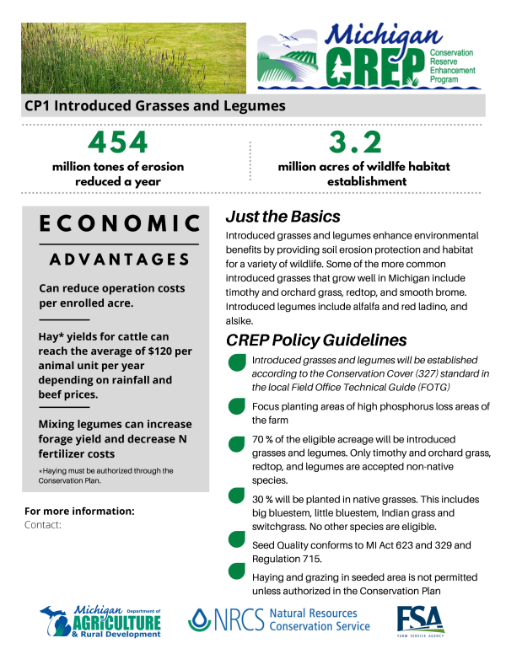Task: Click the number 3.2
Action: (354, 141)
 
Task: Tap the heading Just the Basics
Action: (283, 217)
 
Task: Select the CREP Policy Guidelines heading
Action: (316, 340)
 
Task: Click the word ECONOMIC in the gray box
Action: (120, 222)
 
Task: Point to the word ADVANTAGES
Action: (119, 259)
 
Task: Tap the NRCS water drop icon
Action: (201, 621)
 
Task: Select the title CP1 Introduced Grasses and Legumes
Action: (155, 106)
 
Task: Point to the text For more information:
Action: (79, 512)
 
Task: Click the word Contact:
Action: (45, 524)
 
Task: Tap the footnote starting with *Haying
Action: (105, 475)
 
